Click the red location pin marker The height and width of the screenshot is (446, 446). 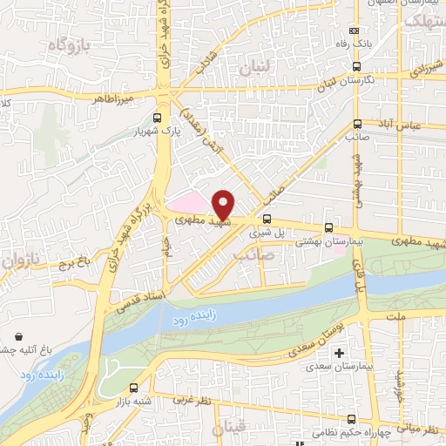point(223,204)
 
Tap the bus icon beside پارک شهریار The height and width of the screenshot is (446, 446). point(157,118)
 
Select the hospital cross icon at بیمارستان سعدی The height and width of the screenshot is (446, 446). point(339,353)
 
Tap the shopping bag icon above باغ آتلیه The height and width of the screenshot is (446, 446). point(19,336)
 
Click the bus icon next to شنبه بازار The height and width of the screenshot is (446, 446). point(132,388)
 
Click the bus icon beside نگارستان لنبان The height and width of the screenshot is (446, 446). point(357,66)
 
